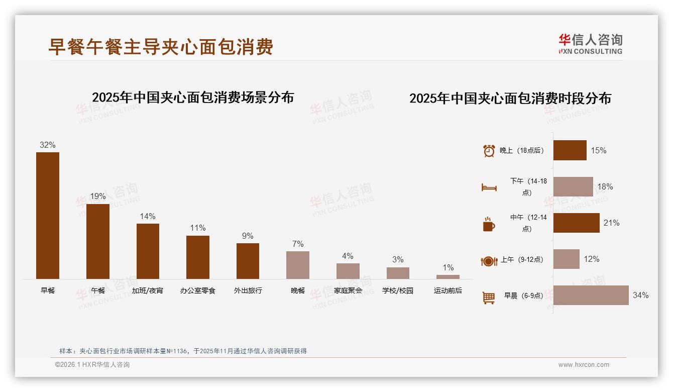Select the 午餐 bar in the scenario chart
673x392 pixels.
[97, 241]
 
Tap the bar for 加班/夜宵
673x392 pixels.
[148, 251]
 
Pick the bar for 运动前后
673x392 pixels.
[447, 277]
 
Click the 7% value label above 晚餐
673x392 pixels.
[298, 244]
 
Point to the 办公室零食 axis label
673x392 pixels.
[197, 290]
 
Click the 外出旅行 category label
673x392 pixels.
[248, 290]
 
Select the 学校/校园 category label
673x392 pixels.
[398, 290]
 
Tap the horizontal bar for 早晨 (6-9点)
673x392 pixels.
[591, 295]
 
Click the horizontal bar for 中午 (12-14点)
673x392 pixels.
[576, 223]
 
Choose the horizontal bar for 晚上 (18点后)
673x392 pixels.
[570, 150]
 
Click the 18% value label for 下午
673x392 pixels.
[605, 186]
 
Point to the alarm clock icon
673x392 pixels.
[489, 151]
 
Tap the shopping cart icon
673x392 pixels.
[489, 298]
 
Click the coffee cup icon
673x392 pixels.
[489, 224]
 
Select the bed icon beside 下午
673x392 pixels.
[489, 187]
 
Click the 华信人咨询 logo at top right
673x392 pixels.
[590, 44]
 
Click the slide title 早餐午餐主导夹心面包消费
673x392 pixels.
[161, 47]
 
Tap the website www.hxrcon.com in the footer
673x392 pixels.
[584, 365]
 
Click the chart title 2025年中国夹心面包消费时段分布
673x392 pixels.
[510, 99]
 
